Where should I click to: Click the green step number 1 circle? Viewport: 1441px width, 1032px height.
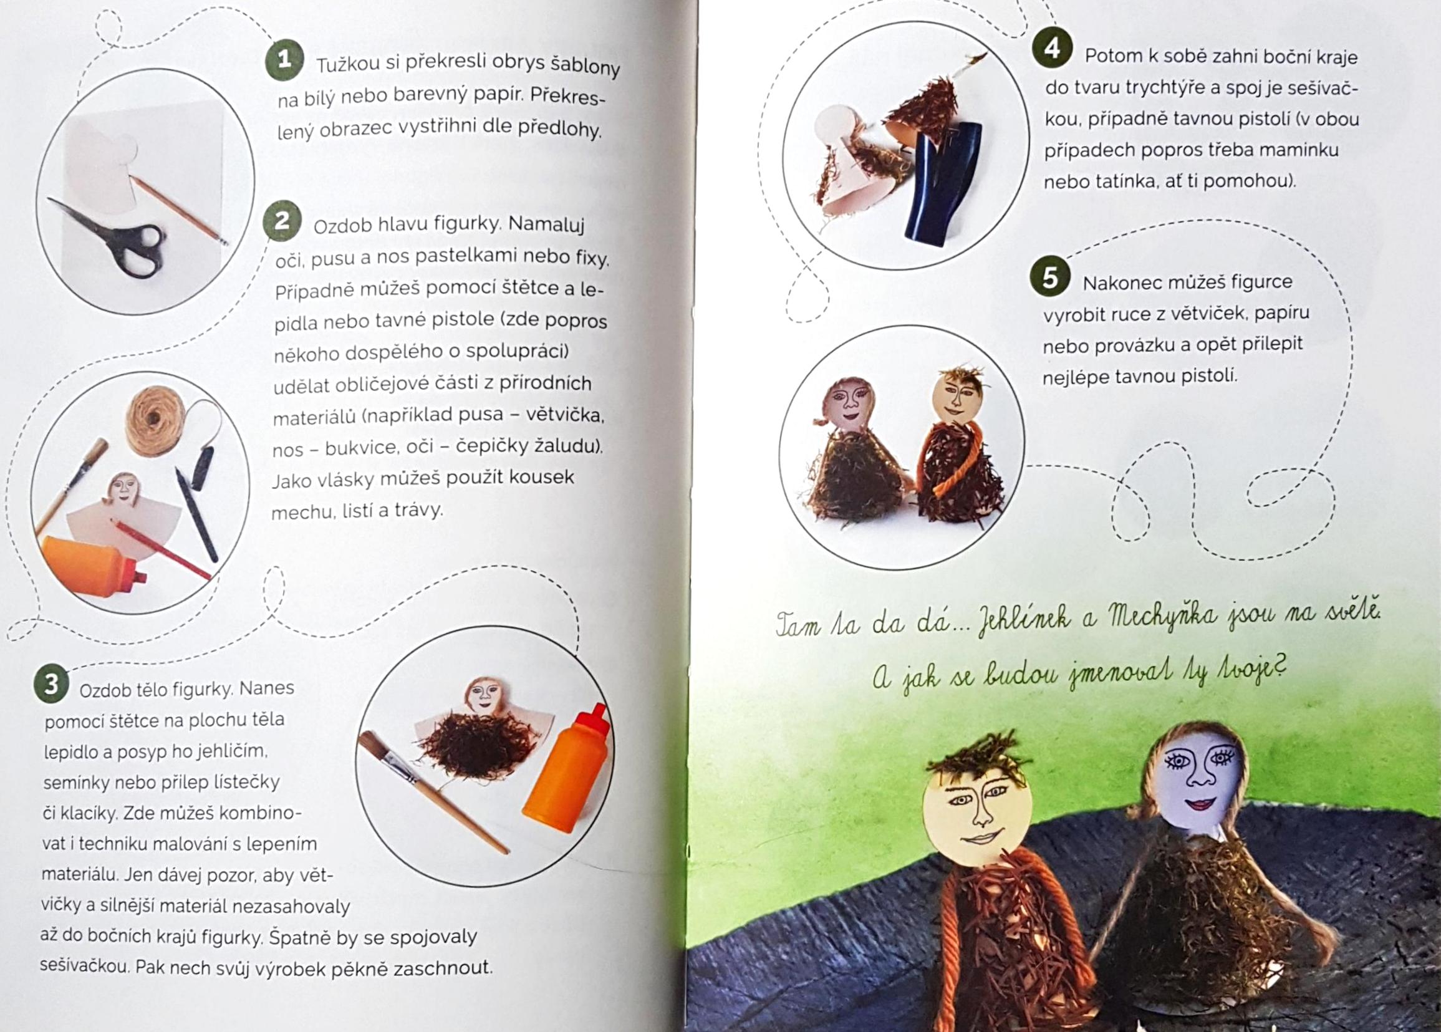[284, 60]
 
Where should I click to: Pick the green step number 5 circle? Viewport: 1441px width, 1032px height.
[1049, 277]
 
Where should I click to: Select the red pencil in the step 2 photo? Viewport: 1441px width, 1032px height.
[161, 551]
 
